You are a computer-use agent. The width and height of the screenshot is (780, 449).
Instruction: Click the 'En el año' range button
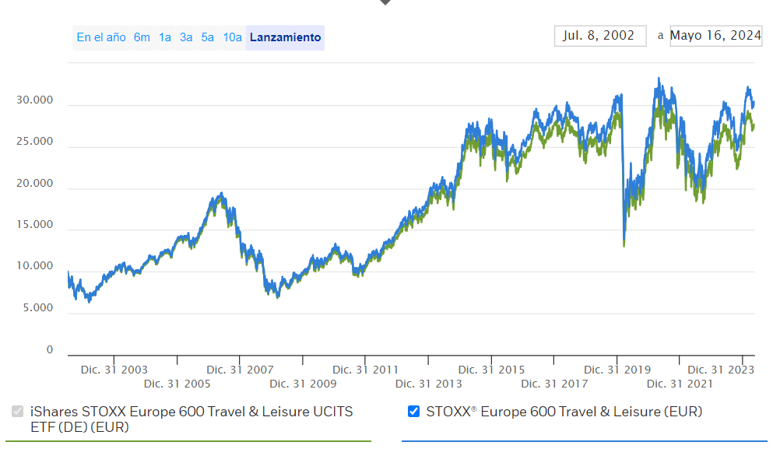click(x=101, y=37)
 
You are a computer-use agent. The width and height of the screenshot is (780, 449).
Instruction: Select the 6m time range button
click(x=142, y=37)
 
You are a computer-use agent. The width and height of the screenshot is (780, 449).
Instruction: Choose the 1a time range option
click(x=165, y=37)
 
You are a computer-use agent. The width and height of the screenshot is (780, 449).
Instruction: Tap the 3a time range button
click(x=186, y=37)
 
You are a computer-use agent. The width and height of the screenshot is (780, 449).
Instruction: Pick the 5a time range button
click(x=207, y=37)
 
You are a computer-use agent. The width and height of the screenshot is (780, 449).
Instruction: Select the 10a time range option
click(x=232, y=37)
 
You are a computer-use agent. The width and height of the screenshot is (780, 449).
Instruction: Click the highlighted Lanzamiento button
click(x=285, y=37)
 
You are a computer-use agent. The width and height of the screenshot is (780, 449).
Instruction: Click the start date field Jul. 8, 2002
click(x=599, y=36)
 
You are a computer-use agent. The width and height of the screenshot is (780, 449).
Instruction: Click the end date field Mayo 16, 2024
click(x=715, y=36)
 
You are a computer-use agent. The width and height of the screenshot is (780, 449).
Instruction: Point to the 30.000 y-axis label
click(x=34, y=100)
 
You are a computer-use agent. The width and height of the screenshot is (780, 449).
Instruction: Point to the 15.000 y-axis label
click(x=34, y=225)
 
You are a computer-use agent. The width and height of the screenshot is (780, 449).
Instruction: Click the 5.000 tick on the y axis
click(x=37, y=308)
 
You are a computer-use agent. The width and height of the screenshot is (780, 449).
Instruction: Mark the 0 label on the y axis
click(x=50, y=350)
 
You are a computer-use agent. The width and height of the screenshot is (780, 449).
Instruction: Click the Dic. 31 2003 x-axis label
click(x=114, y=370)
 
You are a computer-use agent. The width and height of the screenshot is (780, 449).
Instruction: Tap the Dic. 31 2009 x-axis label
click(x=303, y=384)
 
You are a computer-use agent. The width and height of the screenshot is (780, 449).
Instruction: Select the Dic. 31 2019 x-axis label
click(x=617, y=370)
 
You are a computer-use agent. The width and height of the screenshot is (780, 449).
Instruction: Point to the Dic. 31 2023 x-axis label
click(x=721, y=370)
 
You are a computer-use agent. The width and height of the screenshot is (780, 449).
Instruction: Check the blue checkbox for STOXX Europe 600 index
click(x=414, y=412)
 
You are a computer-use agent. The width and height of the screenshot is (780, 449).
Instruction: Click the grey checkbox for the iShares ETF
click(x=17, y=412)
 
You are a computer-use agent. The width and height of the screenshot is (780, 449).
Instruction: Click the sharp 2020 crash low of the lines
click(x=624, y=245)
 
